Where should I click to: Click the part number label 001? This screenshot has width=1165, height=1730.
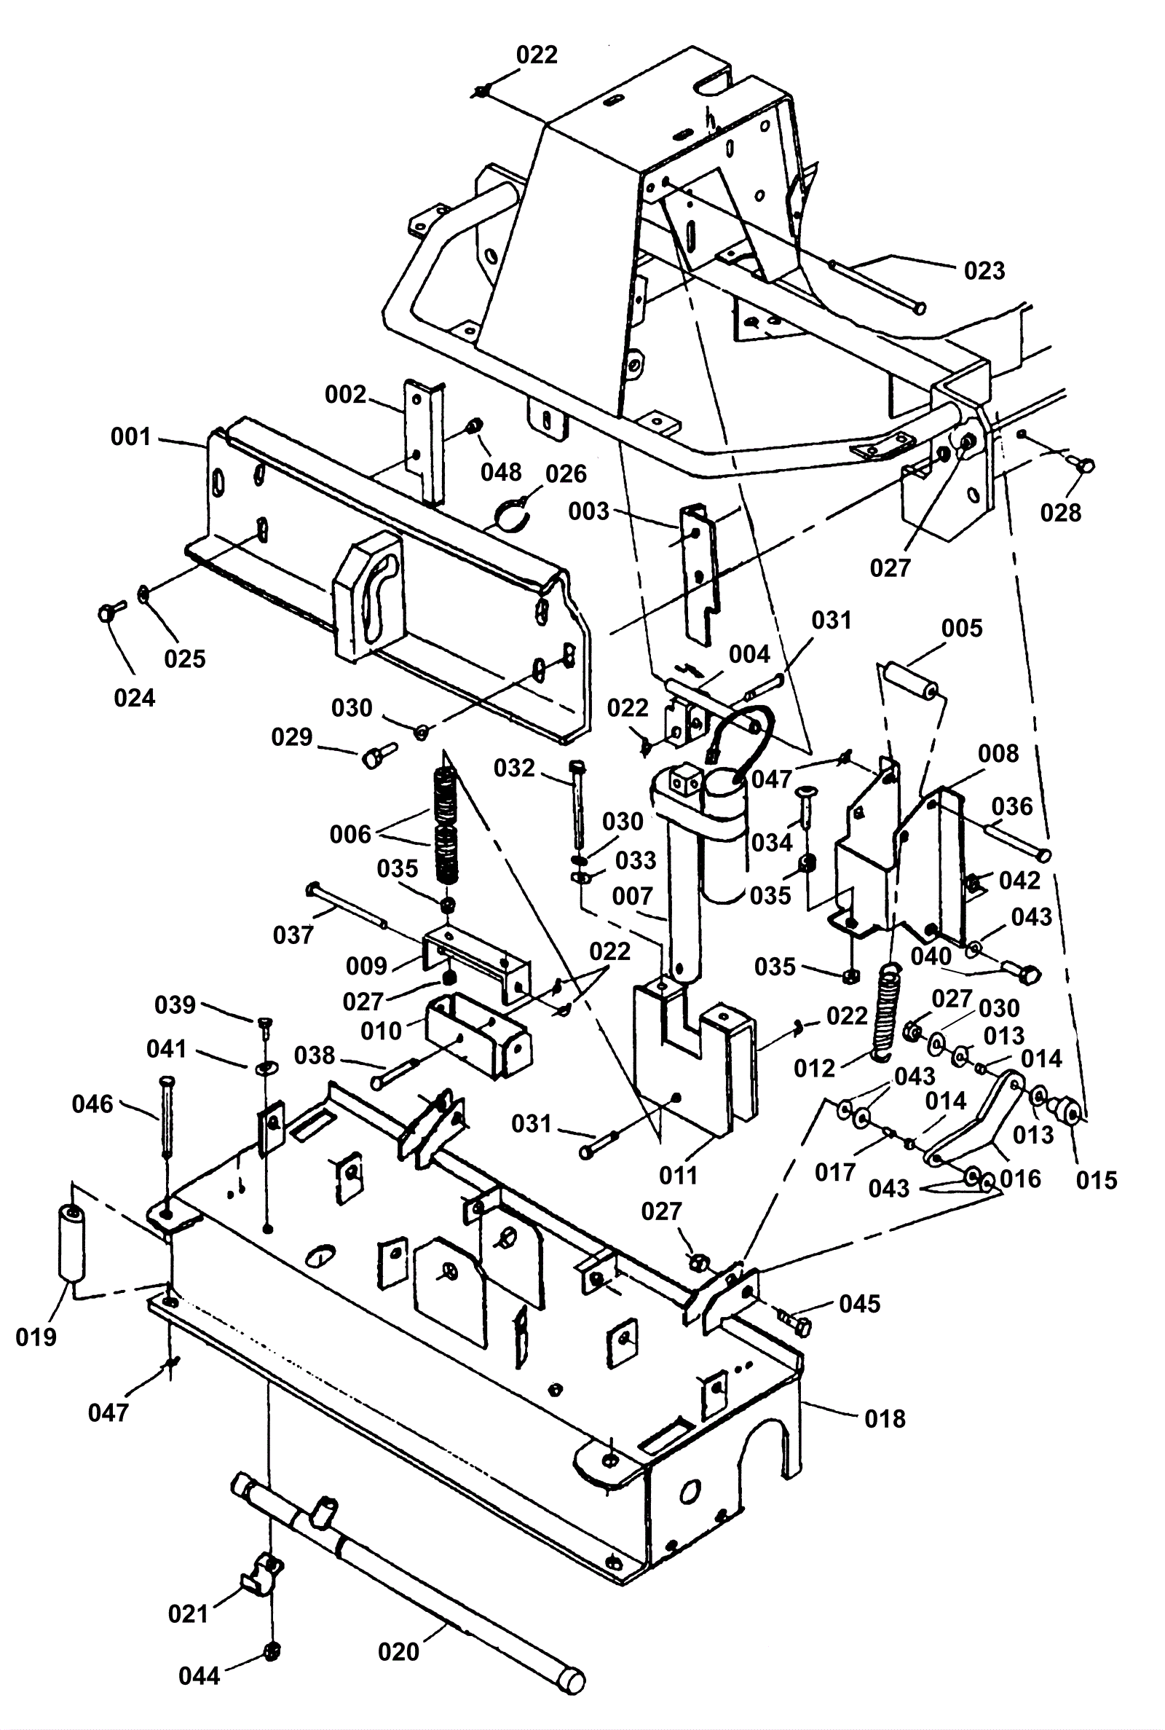[x=131, y=437]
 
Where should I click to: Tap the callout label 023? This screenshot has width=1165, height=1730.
[x=984, y=270]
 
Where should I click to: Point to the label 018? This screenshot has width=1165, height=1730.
[x=885, y=1419]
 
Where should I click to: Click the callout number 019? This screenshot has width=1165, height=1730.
[x=36, y=1337]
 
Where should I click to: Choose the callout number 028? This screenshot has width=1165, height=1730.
[x=1060, y=512]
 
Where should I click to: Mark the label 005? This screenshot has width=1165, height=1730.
[x=961, y=628]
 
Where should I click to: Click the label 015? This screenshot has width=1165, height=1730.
[x=1097, y=1180]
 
